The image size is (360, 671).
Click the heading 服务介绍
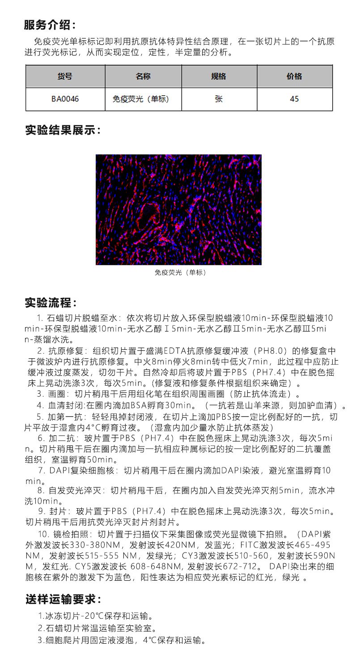pyautogui.click(x=50, y=25)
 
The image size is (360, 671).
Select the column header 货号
pyautogui.click(x=65, y=76)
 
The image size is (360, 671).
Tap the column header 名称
pyautogui.click(x=143, y=76)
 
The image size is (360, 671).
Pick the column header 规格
pyautogui.click(x=219, y=76)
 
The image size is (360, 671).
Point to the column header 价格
pyautogui.click(x=294, y=76)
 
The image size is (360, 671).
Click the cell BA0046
pyautogui.click(x=65, y=99)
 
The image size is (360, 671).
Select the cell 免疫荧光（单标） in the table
pyautogui.click(x=140, y=99)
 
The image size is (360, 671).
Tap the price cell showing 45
pyautogui.click(x=294, y=99)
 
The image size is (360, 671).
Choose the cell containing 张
pyautogui.click(x=219, y=99)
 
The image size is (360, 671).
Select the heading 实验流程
pyautogui.click(x=50, y=303)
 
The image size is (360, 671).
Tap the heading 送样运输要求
pyautogui.click(x=63, y=599)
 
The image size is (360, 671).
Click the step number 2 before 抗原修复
pyautogui.click(x=40, y=350)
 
